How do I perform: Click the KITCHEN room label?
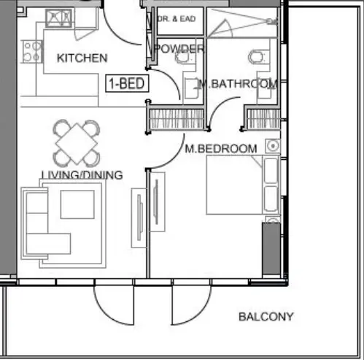pos(82,58)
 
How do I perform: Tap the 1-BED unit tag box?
pos(128,83)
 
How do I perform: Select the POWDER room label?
pos(178,49)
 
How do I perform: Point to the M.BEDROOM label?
pos(220,149)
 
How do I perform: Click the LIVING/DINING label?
pos(82,175)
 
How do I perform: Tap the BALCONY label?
pos(266,317)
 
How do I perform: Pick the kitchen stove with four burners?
pos(32,50)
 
